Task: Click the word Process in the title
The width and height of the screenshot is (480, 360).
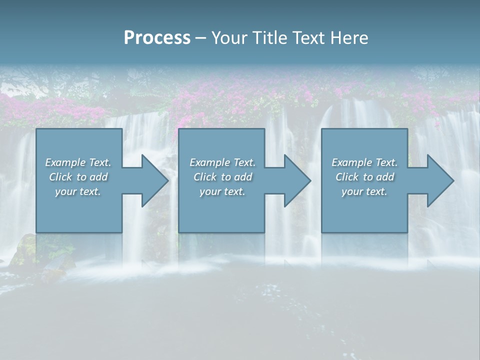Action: (x=157, y=38)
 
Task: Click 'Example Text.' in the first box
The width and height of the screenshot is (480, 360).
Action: (x=78, y=162)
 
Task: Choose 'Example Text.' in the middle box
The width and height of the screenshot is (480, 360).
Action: (x=222, y=162)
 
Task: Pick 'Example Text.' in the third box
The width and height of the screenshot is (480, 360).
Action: (x=364, y=162)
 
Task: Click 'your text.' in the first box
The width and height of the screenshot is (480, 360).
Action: (x=78, y=191)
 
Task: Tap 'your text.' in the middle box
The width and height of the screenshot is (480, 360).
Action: (x=222, y=191)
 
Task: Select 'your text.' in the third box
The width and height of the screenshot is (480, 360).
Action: (x=364, y=191)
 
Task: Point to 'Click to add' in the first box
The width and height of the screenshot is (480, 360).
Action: (x=78, y=177)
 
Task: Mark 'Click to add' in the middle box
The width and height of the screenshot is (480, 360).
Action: (x=222, y=177)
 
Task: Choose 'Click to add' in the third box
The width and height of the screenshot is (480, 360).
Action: (x=364, y=177)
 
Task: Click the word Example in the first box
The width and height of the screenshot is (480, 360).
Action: (x=65, y=162)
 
